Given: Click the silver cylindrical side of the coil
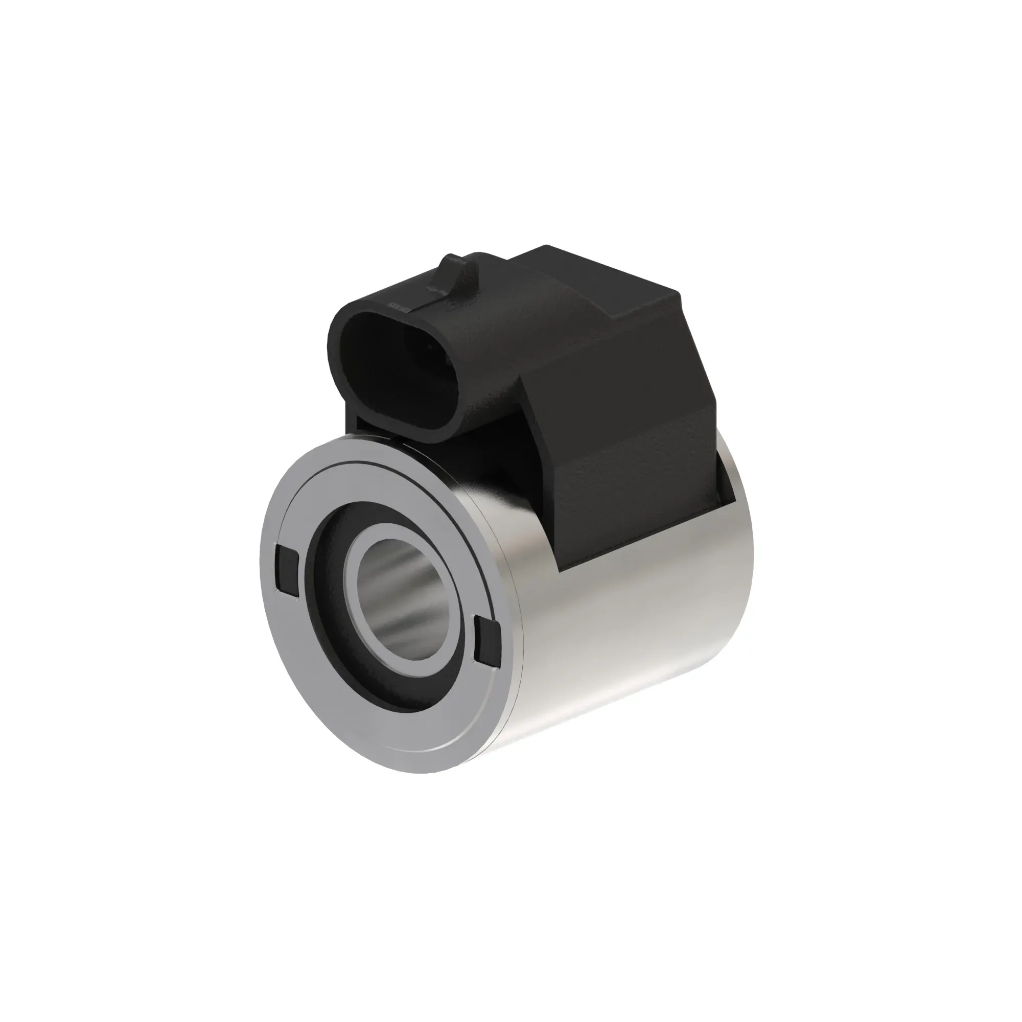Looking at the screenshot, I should point(635,624).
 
